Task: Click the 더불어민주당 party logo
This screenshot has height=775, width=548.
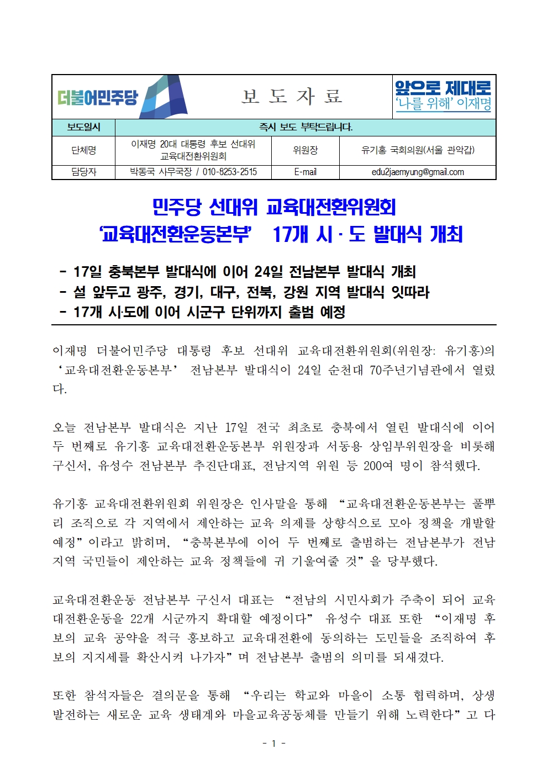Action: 122,97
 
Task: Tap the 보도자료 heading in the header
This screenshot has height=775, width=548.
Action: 292,97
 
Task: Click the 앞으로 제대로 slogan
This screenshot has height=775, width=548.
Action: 443,88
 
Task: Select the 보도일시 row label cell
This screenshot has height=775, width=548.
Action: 83,127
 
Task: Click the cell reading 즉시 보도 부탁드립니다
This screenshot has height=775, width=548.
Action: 305,127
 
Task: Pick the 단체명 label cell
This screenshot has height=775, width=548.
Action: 83,150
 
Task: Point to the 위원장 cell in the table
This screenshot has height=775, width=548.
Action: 305,150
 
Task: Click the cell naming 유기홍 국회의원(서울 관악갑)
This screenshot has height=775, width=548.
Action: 417,150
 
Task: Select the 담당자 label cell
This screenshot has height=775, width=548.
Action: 83,172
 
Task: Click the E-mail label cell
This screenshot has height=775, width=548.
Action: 305,172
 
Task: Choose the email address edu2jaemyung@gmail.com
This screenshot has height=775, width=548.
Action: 417,172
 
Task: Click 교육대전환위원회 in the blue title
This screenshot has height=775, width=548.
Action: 331,207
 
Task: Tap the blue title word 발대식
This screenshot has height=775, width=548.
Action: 398,234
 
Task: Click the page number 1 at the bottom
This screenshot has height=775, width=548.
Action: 273,744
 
